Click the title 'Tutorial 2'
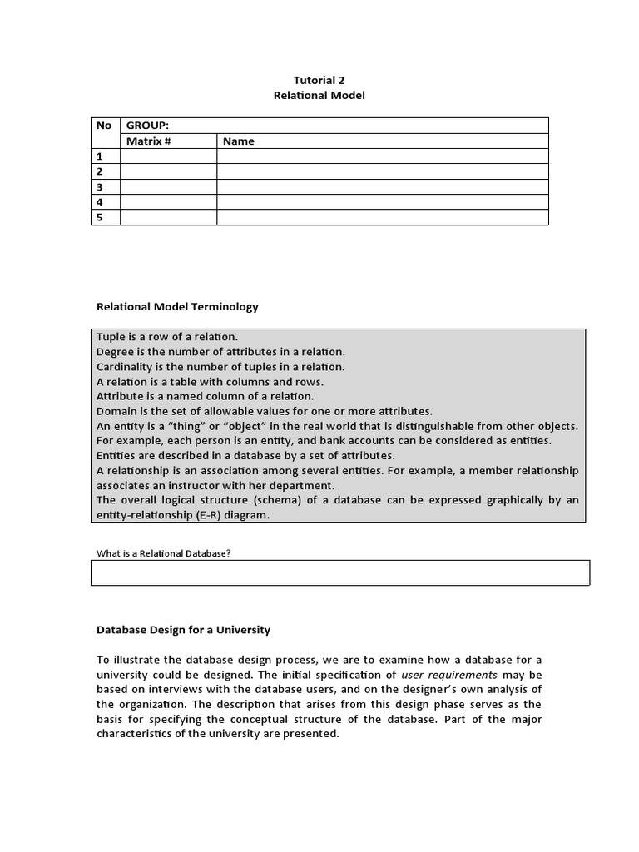(319, 80)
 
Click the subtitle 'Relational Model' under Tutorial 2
(319, 96)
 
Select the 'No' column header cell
(104, 126)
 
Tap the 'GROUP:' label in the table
(147, 126)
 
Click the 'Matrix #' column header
(148, 141)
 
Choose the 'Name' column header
(239, 141)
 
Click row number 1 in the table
(100, 156)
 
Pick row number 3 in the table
(100, 187)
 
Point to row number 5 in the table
(100, 218)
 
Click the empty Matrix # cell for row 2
(168, 171)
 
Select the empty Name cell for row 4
(382, 202)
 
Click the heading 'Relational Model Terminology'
(177, 307)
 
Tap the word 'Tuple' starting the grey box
(111, 337)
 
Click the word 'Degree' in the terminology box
(115, 352)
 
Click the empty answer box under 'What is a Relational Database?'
(339, 572)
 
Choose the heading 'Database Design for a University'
(183, 630)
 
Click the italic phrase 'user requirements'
(449, 675)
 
